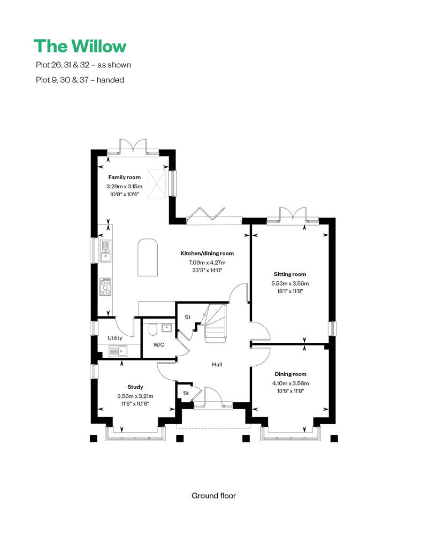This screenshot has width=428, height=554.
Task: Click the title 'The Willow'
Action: click(80, 46)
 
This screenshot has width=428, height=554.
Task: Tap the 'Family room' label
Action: click(124, 177)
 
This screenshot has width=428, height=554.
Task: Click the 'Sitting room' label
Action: click(291, 274)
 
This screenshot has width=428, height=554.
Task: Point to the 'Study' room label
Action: click(135, 387)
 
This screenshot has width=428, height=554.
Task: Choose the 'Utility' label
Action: click(115, 338)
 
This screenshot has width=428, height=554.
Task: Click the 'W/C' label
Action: click(159, 345)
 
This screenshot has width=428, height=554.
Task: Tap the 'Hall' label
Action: click(217, 365)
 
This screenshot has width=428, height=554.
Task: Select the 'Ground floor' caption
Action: click(213, 496)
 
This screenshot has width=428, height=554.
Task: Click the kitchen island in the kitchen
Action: click(148, 257)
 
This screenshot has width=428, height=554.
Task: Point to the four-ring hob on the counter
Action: click(105, 287)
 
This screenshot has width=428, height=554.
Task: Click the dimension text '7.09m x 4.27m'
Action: click(207, 263)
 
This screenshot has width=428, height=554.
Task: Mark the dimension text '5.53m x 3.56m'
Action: click(291, 283)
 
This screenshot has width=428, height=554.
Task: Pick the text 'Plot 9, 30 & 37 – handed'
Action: click(79, 80)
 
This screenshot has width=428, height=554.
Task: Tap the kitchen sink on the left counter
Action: click(105, 251)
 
